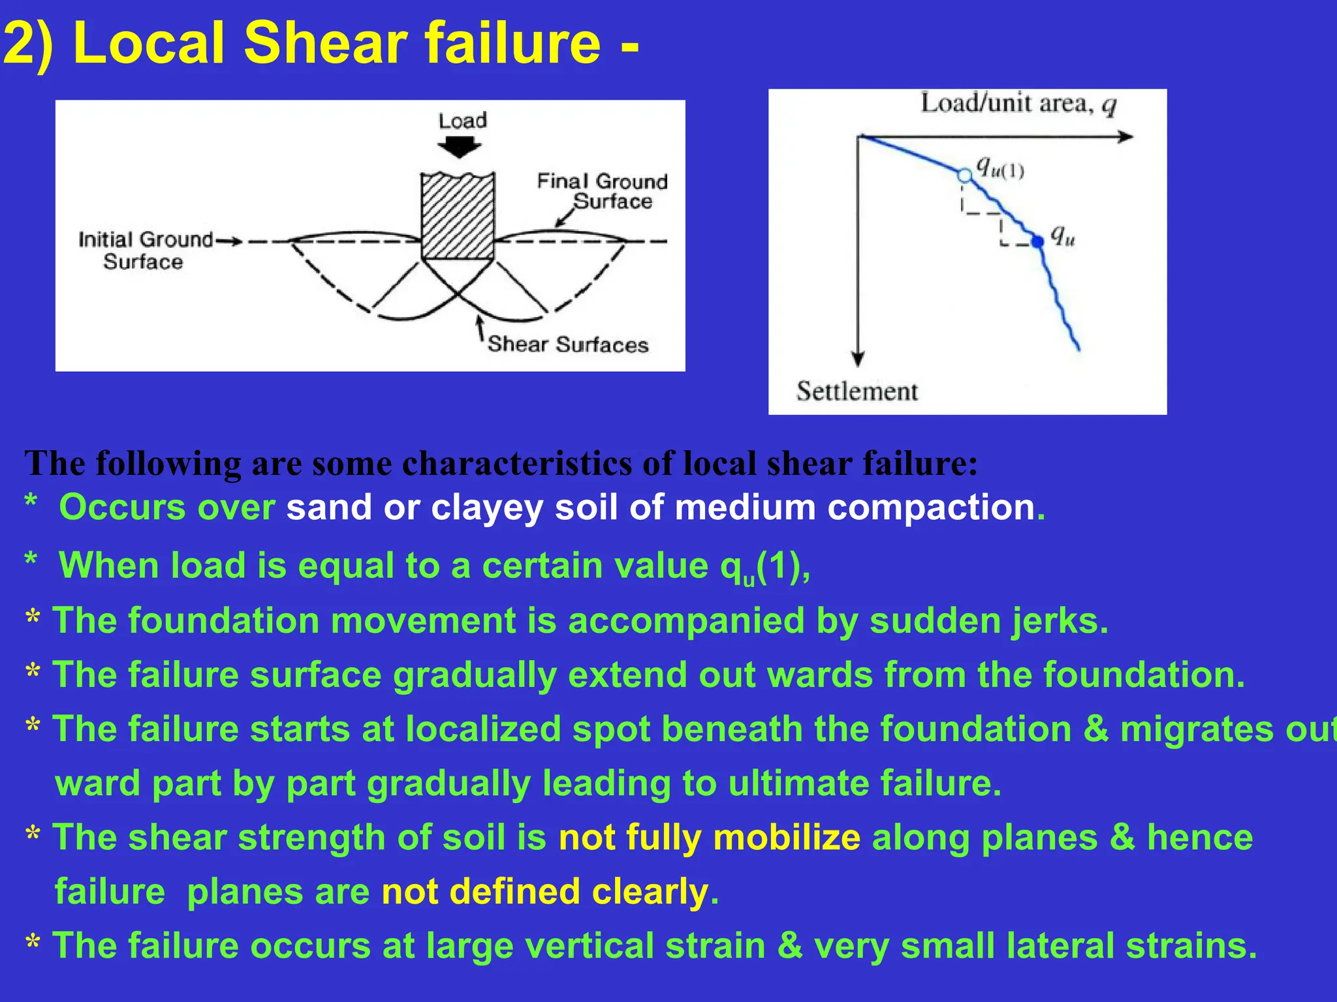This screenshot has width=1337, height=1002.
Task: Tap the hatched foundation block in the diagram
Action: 457,217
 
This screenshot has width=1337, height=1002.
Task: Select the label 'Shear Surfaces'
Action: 568,344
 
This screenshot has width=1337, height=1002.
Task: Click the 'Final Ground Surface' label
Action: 602,190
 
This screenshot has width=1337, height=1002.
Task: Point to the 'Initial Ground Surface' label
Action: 145,250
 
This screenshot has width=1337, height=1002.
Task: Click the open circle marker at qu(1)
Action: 964,175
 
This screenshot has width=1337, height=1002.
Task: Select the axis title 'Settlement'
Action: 857,391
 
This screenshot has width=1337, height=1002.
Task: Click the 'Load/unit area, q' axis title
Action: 1018,104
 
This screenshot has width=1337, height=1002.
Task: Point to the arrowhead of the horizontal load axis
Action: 1125,137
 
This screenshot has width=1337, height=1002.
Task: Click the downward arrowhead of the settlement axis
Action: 858,359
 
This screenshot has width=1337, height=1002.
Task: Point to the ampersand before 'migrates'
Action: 1095,729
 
